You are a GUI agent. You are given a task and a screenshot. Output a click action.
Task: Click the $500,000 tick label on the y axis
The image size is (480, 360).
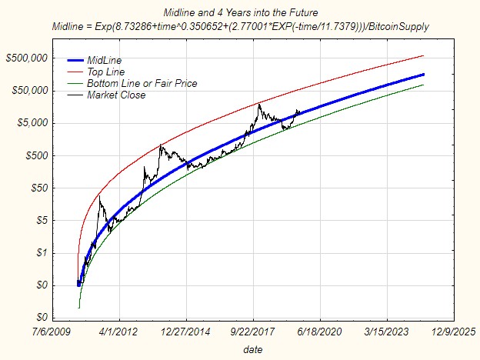coord(26,58)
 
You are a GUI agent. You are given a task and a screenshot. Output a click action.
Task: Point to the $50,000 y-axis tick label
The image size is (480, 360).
coord(29,91)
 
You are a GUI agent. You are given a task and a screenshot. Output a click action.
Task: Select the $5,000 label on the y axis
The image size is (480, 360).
coord(32,123)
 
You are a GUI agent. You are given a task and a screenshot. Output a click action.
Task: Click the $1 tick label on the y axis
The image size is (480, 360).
coord(42,252)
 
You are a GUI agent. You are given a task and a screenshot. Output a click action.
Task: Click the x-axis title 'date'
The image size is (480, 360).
coord(252,349)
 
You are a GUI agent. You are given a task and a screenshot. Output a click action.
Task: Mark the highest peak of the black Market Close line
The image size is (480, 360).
coord(259,104)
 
